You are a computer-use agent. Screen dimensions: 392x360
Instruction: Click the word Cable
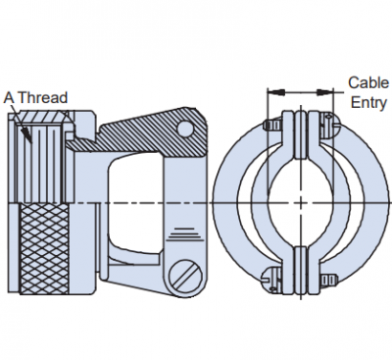click(368, 82)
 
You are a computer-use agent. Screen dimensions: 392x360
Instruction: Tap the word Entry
click(368, 102)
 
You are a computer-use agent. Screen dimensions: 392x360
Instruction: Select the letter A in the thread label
click(9, 97)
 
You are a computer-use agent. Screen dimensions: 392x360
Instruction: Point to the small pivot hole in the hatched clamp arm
click(186, 128)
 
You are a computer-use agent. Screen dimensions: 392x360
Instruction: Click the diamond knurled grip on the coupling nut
click(44, 249)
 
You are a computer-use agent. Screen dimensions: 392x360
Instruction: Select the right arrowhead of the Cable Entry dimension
click(325, 93)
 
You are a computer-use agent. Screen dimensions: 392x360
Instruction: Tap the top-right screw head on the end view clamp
click(329, 126)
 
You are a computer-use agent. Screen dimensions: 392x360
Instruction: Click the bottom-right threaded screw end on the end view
click(328, 279)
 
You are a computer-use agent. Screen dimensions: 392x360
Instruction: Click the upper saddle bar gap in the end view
click(301, 135)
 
